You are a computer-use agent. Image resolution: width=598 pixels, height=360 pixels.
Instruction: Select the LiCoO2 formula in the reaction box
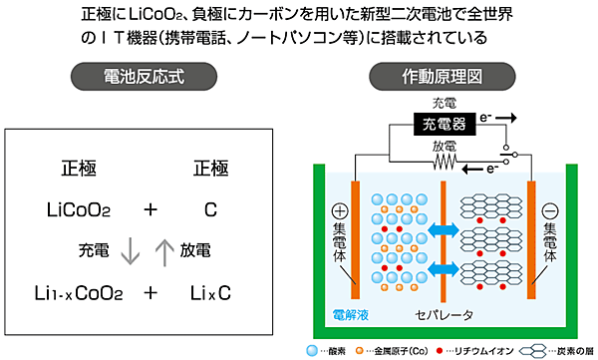80,210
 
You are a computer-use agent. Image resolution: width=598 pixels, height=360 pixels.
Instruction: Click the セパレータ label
443,317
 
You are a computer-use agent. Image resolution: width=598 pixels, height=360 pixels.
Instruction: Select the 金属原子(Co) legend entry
395,351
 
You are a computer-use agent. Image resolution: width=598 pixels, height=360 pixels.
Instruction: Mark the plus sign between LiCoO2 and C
149,210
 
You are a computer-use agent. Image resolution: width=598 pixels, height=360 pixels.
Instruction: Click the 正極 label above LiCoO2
79,169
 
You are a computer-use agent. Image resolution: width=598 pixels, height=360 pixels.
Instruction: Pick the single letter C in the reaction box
211,210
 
